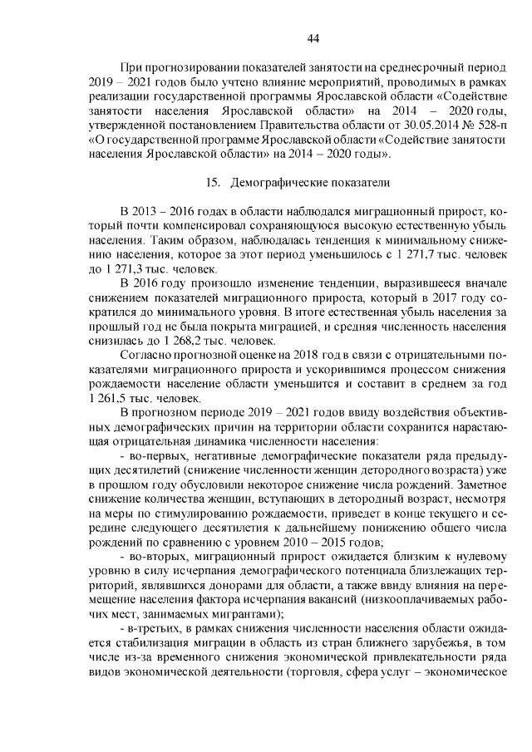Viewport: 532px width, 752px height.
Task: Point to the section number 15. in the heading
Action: tap(212, 182)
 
